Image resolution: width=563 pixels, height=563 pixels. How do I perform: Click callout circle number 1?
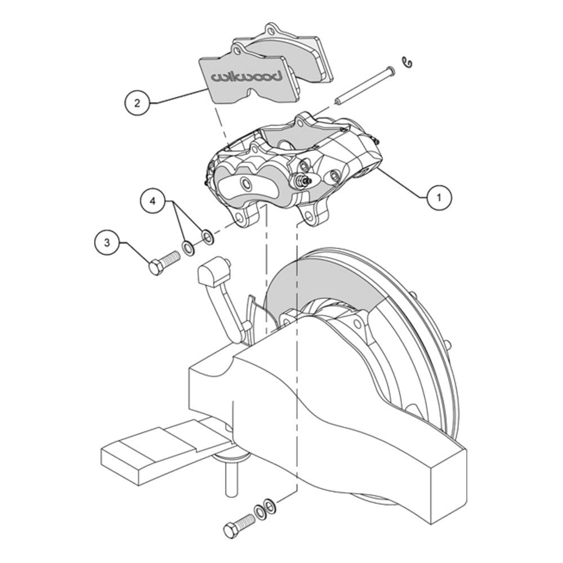[439, 197]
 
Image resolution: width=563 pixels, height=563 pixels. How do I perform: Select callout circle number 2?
[137, 104]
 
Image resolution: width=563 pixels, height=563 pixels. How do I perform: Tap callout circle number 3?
[107, 243]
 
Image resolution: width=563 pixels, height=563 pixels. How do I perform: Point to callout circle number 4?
[153, 202]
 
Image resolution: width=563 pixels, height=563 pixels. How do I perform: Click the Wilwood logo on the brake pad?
[246, 77]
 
